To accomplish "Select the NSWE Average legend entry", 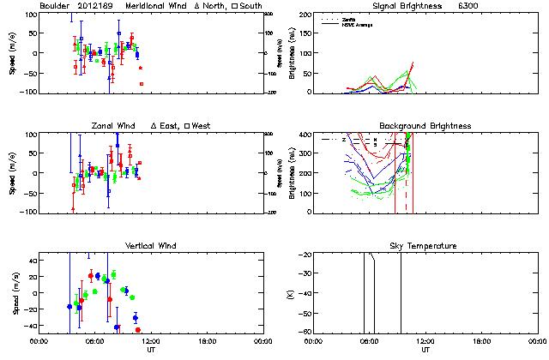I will pos(359,24).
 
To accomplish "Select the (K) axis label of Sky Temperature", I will pos(292,293).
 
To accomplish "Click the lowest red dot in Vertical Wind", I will pos(138,329).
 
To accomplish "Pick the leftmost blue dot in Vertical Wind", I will pos(69,306).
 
